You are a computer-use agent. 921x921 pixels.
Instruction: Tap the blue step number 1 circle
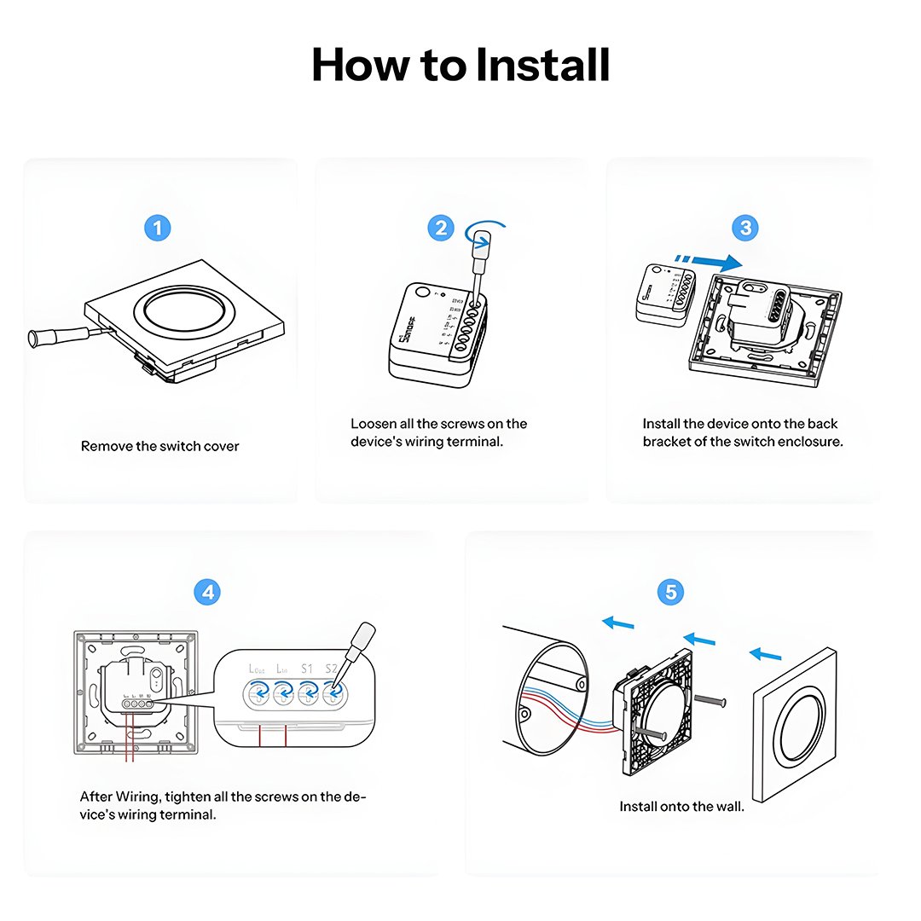pyautogui.click(x=158, y=228)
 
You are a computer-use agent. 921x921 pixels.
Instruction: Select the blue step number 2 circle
pyautogui.click(x=441, y=228)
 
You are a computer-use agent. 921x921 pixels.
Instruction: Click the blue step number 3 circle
pyautogui.click(x=745, y=228)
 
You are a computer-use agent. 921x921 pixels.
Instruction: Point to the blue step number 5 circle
pyautogui.click(x=671, y=592)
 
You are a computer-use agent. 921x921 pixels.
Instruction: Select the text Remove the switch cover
pyautogui.click(x=160, y=446)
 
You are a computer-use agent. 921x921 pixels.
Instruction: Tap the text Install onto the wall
pyautogui.click(x=681, y=806)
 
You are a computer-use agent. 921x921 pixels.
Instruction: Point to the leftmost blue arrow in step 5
pyautogui.click(x=618, y=623)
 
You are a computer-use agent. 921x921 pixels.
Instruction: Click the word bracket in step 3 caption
pyautogui.click(x=667, y=442)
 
